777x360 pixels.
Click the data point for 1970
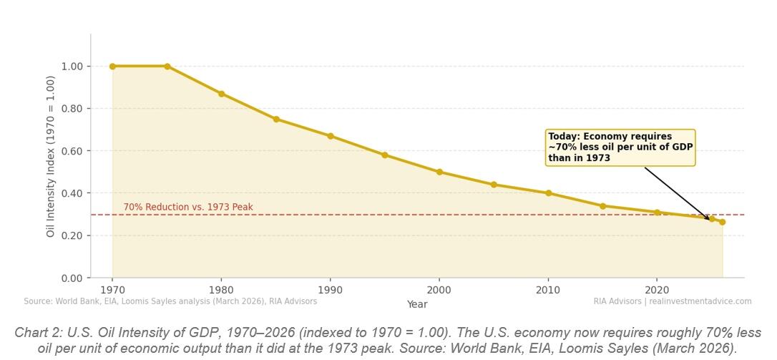pos(112,67)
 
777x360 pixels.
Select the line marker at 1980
pos(222,94)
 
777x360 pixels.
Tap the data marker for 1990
pos(331,136)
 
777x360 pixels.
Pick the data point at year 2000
pos(439,172)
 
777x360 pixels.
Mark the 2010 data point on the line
pos(549,193)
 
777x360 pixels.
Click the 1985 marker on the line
pos(276,120)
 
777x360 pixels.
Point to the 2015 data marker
pos(603,206)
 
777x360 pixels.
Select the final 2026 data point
pos(723,222)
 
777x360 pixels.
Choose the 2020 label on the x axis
pos(658,291)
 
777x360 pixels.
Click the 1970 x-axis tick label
pos(112,291)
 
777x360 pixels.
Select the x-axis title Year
pos(417,304)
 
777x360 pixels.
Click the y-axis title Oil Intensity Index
pos(51,156)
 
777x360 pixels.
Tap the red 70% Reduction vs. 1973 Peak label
pos(188,208)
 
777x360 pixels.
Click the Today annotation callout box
pos(620,147)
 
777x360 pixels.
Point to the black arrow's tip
pos(710,220)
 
